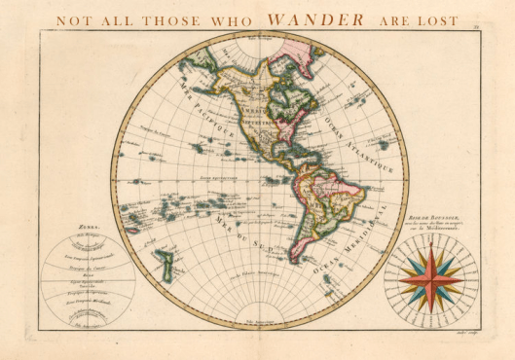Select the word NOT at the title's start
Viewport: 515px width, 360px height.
71,18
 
